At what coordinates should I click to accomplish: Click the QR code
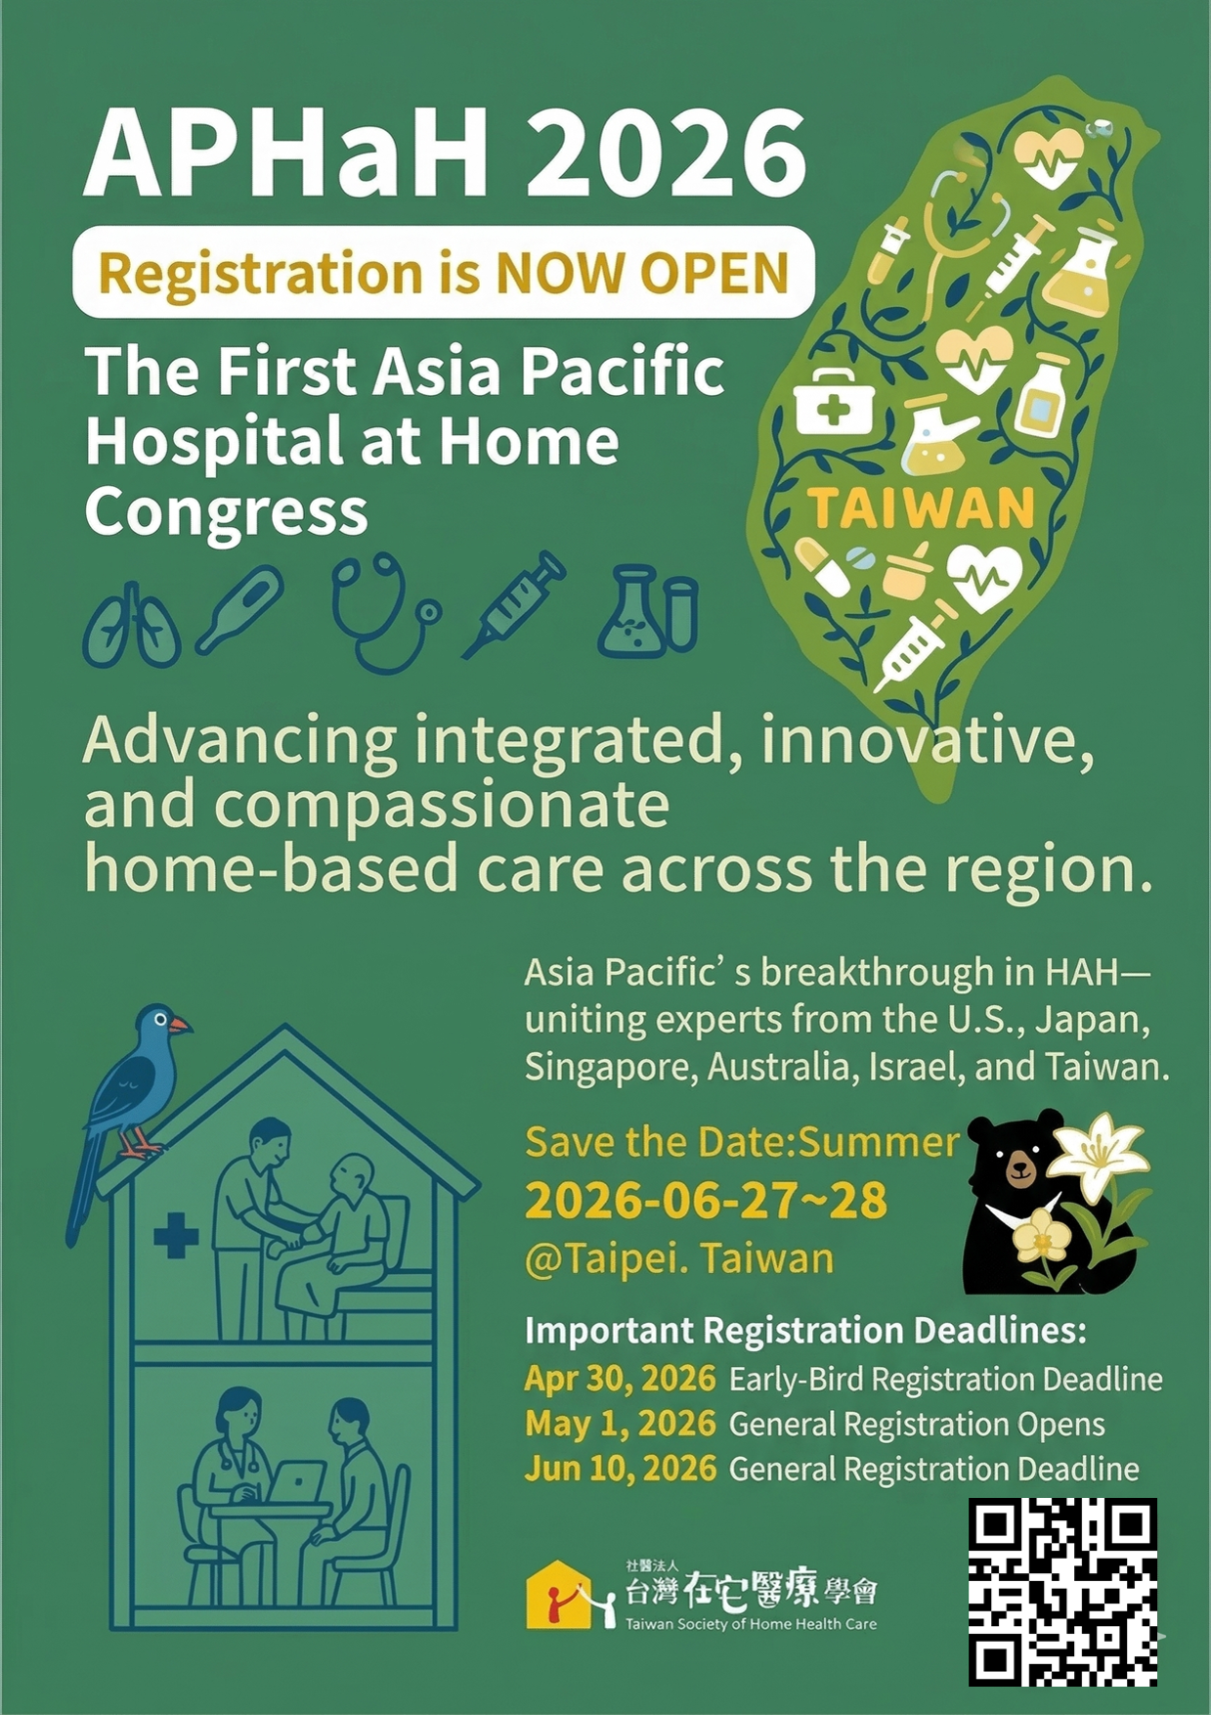click(x=1063, y=1592)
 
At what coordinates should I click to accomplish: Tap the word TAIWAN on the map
click(x=921, y=508)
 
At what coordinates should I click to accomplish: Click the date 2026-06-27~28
click(x=706, y=1201)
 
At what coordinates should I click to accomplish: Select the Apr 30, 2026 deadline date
click(x=621, y=1379)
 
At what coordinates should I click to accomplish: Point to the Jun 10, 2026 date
click(x=621, y=1469)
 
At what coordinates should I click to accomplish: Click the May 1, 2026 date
click(x=621, y=1424)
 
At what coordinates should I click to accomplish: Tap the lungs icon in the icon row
click(x=132, y=625)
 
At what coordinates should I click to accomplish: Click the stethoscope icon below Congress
click(x=383, y=611)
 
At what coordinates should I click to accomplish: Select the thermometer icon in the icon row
click(x=239, y=609)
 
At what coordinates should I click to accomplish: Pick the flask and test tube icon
click(x=648, y=610)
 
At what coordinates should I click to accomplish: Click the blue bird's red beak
click(x=180, y=1025)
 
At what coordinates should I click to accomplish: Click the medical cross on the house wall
click(x=177, y=1236)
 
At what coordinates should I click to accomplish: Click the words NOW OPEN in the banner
click(x=642, y=273)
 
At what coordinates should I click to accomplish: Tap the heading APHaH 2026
click(x=447, y=154)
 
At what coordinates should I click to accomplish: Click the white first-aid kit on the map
click(x=834, y=401)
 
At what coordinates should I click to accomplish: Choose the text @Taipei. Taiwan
click(x=679, y=1259)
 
